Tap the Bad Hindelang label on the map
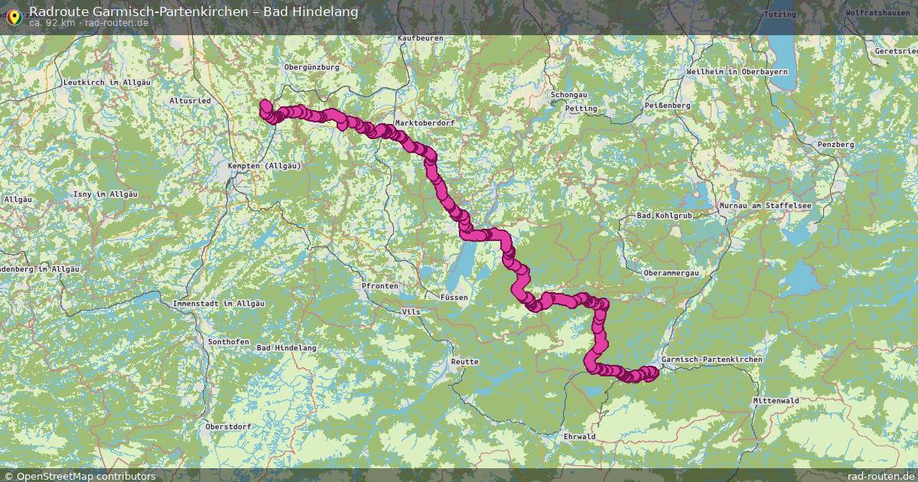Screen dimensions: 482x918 pyautogui.click(x=287, y=348)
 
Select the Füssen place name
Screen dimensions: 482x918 pyautogui.click(x=454, y=297)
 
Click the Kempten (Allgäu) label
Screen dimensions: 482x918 pyautogui.click(x=265, y=165)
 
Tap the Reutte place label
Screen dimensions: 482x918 pyautogui.click(x=465, y=361)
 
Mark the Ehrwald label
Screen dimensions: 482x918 pyautogui.click(x=579, y=437)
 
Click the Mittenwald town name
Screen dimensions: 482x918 pyautogui.click(x=776, y=400)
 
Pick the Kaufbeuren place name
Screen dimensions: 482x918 pyautogui.click(x=421, y=37)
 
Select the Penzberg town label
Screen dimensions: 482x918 pyautogui.click(x=835, y=144)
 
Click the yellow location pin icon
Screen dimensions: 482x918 pyautogui.click(x=14, y=17)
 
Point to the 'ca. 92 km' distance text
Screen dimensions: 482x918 pyautogui.click(x=52, y=23)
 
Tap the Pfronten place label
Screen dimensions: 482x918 pyautogui.click(x=380, y=285)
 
